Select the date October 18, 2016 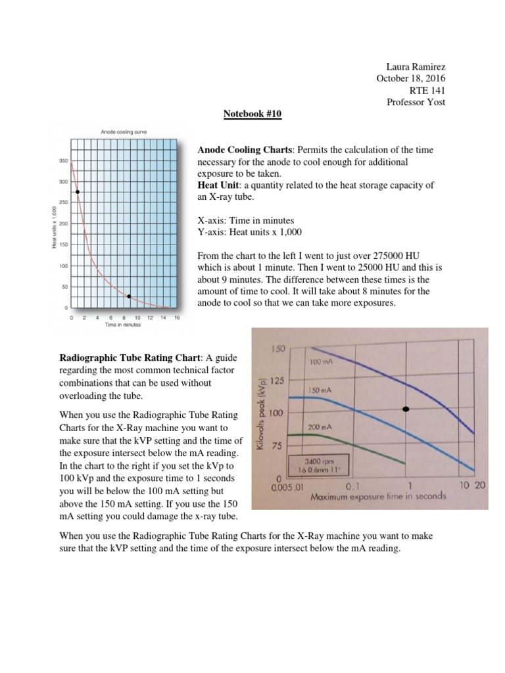click(x=410, y=79)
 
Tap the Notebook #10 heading click(x=252, y=113)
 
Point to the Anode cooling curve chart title click(x=124, y=132)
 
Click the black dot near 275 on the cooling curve click(x=78, y=192)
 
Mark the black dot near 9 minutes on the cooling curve click(x=129, y=296)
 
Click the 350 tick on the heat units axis click(x=63, y=160)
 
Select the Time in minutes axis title click(x=122, y=325)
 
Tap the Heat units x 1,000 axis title click(x=53, y=226)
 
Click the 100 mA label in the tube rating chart click(x=320, y=362)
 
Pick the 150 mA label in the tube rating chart click(x=320, y=390)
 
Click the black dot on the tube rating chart click(x=405, y=409)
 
